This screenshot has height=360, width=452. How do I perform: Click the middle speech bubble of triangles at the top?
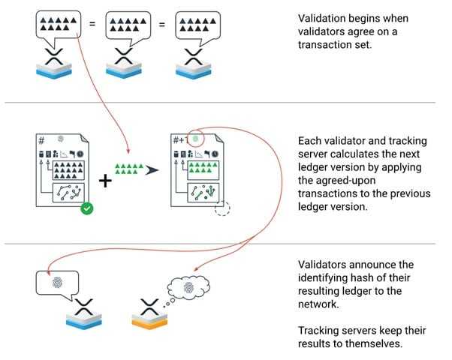pyautogui.click(x=126, y=26)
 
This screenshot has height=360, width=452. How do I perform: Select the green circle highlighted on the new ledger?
pyautogui.click(x=196, y=138)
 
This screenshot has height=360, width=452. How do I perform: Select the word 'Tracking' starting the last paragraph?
pyautogui.click(x=320, y=330)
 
